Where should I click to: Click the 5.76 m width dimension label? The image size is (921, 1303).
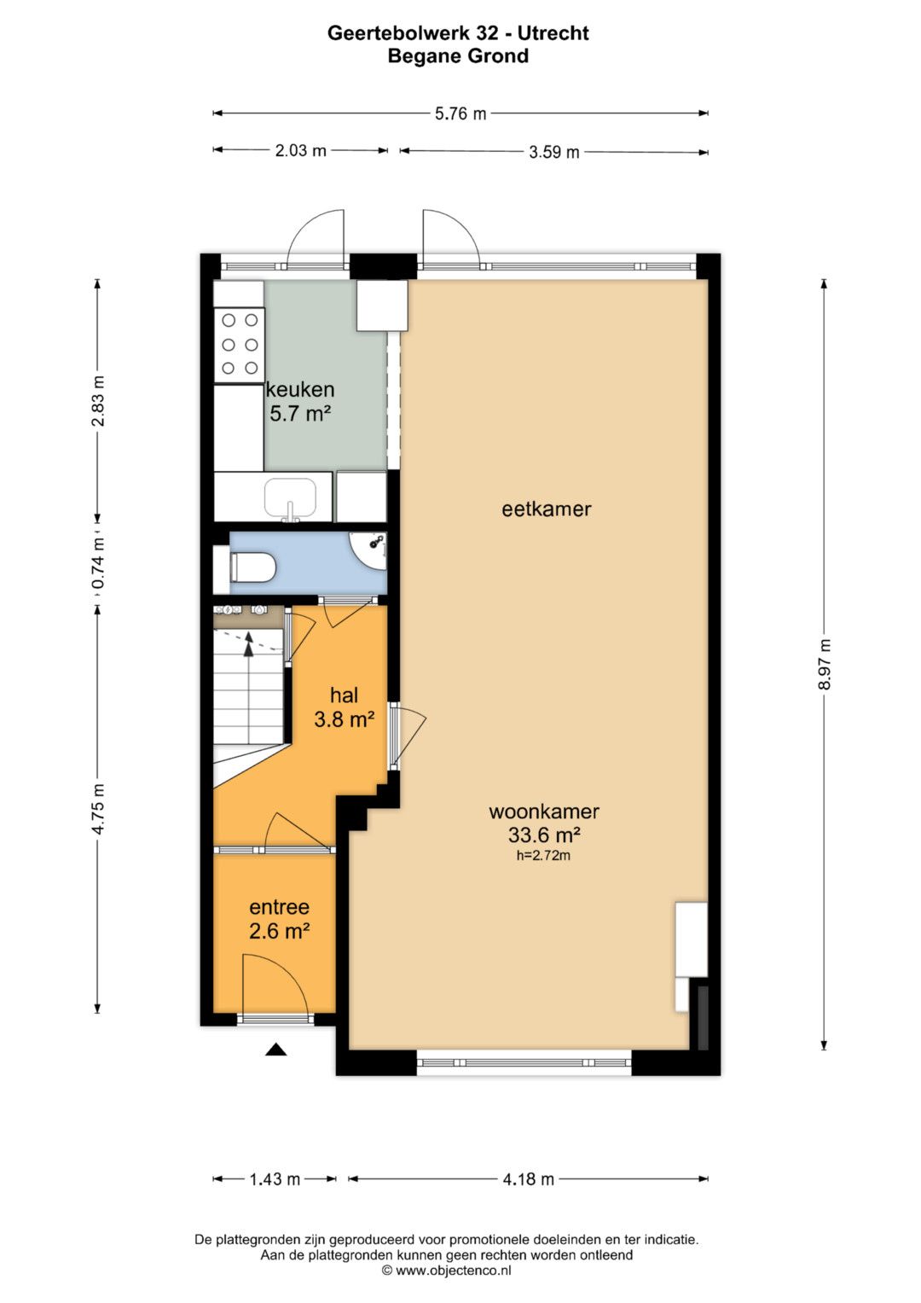[460, 113]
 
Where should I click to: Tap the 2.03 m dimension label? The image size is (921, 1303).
[300, 151]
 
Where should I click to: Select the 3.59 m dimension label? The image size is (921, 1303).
[553, 153]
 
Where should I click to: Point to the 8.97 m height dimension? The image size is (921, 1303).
[824, 664]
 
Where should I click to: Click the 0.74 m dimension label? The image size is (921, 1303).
[98, 562]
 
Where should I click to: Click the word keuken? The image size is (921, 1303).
[300, 389]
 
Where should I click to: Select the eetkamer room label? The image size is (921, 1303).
[546, 509]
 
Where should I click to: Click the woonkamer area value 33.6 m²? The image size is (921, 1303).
[544, 835]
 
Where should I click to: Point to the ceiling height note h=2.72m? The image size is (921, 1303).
[543, 855]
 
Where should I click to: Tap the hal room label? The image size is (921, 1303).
[344, 695]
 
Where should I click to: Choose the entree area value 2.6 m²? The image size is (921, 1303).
[279, 931]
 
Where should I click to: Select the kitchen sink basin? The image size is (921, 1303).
[290, 498]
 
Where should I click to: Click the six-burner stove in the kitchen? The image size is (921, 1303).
[240, 345]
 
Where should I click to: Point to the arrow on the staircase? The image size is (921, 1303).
[249, 644]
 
